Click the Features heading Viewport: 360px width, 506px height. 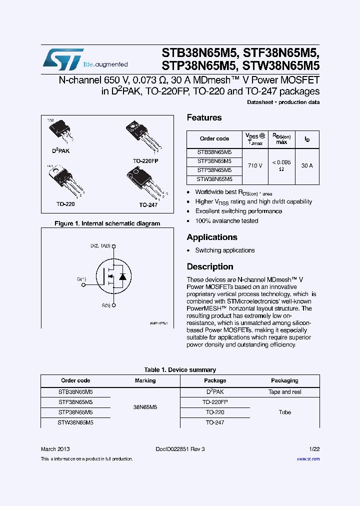(x=204, y=118)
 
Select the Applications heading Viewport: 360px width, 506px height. (x=211, y=237)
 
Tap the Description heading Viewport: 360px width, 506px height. (x=210, y=267)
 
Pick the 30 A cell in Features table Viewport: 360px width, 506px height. (x=307, y=165)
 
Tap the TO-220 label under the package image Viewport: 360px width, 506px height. (x=65, y=204)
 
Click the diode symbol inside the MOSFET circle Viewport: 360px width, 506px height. (x=122, y=276)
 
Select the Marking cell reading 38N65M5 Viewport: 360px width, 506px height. (x=145, y=407)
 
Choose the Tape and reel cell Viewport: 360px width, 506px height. (x=284, y=392)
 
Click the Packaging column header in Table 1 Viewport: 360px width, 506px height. (x=284, y=380)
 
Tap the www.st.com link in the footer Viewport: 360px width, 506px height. (x=308, y=459)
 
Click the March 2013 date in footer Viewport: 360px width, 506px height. (x=55, y=449)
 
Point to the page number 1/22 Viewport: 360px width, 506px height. (x=313, y=449)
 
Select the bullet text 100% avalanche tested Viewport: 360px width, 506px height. (x=226, y=221)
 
